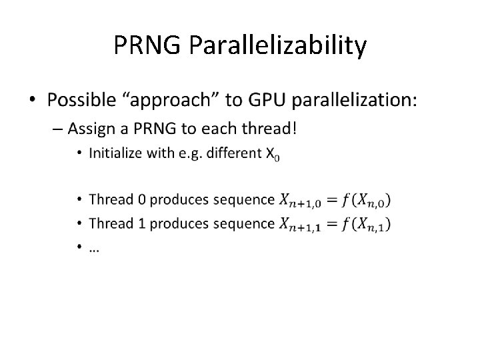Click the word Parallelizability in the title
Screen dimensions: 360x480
277,46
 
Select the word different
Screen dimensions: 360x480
237,154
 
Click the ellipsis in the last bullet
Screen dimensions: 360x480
94,249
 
